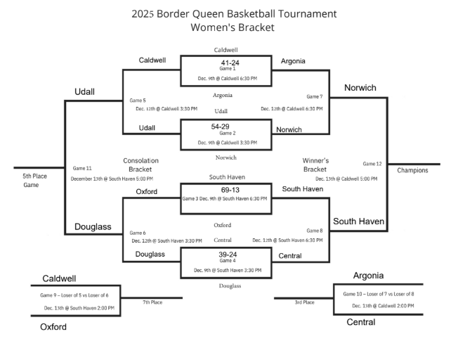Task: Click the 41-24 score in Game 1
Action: tap(225, 63)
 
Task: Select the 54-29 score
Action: tap(225, 126)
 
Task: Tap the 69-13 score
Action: tap(225, 191)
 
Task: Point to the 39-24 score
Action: tap(225, 254)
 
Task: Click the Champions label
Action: tap(413, 170)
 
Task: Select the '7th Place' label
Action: tap(152, 302)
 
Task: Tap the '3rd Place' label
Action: tap(304, 302)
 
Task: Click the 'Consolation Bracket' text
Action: tap(140, 165)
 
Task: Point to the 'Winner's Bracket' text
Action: tap(315, 165)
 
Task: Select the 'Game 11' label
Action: tap(82, 169)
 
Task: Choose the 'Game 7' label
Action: tap(315, 96)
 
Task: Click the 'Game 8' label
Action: tap(315, 231)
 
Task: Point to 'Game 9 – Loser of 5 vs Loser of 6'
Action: tap(78, 295)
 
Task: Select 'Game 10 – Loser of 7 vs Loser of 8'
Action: tap(378, 294)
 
